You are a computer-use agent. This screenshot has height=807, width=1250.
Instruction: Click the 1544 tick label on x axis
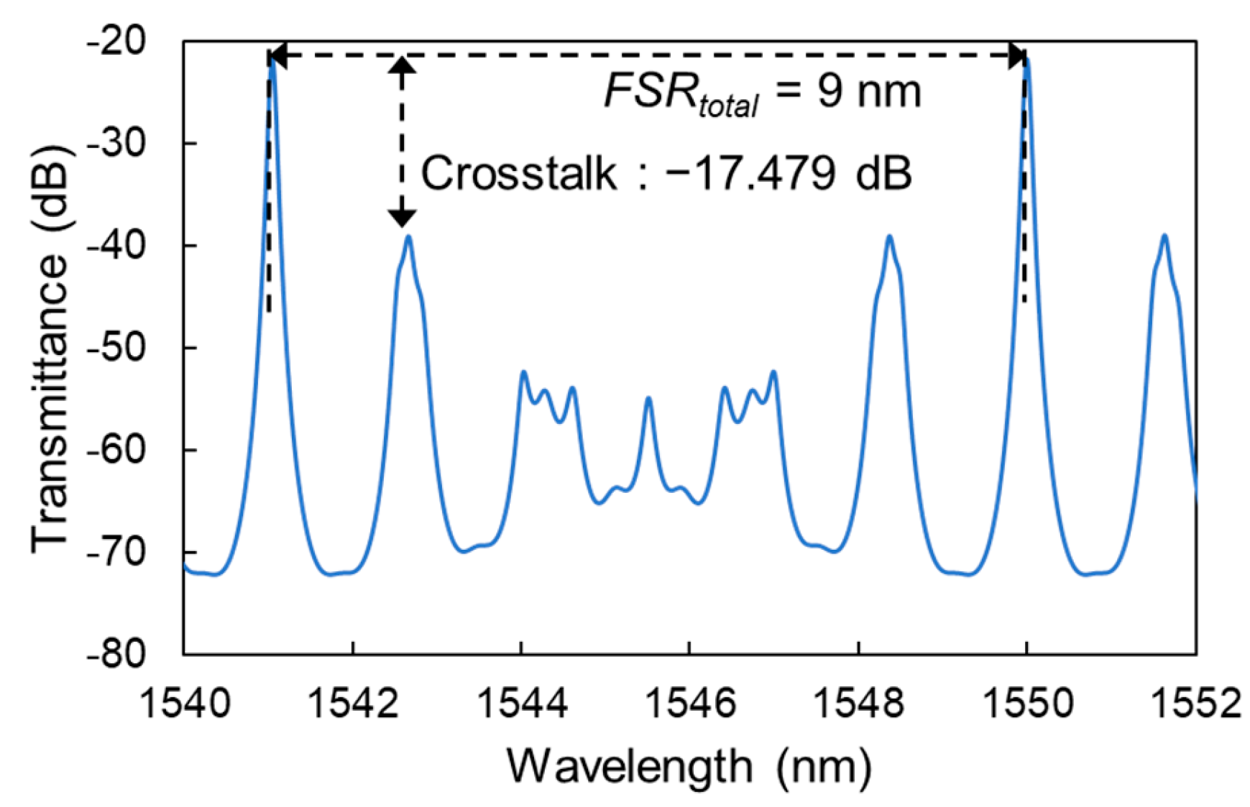522,702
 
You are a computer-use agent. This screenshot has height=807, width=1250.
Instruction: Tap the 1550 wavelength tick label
1027,702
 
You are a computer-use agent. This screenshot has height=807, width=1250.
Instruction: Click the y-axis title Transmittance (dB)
50,348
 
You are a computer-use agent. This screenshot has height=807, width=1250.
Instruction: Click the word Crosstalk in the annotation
518,173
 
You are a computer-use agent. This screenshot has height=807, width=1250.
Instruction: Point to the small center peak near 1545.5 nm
648,398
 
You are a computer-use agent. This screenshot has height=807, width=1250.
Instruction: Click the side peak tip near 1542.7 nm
409,236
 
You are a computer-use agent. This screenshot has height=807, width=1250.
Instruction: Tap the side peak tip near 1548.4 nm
890,236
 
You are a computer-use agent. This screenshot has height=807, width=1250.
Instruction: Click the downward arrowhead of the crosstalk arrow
402,218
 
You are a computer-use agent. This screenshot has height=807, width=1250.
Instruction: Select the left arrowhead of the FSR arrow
277,56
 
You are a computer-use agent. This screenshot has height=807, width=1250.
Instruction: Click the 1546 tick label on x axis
690,702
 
